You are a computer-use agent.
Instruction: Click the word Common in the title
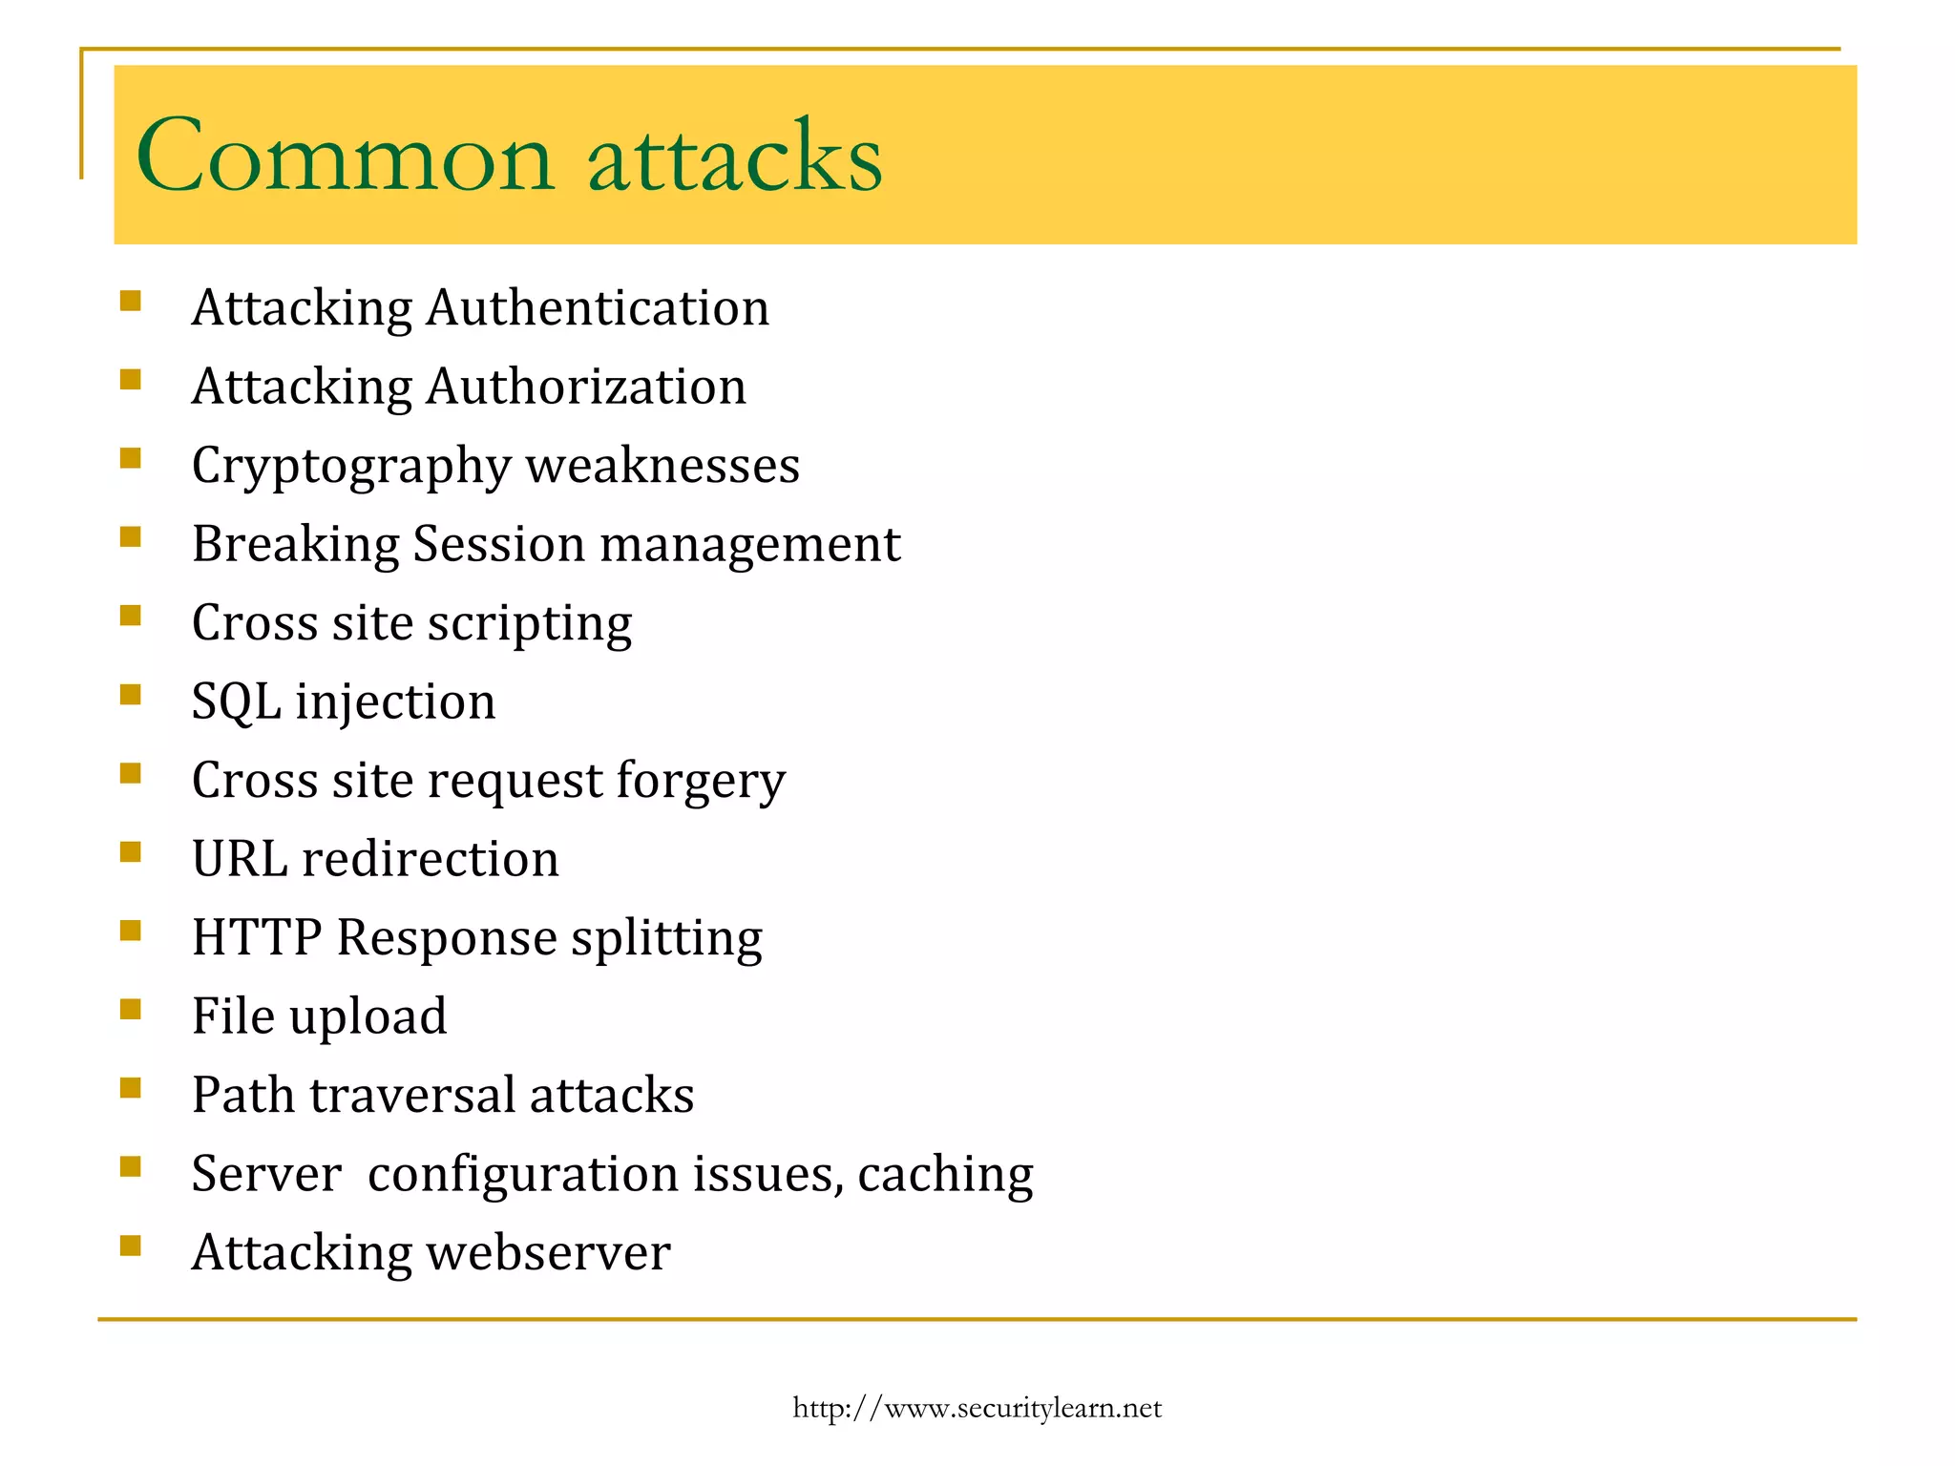[345, 156]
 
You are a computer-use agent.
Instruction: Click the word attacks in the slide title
[735, 156]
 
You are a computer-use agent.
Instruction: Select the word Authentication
[598, 308]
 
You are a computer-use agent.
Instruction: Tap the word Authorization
[586, 387]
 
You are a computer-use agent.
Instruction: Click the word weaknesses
[662, 466]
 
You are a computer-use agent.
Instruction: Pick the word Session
[498, 544]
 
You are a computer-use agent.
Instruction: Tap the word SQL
[236, 702]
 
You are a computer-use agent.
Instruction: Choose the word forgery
[701, 782]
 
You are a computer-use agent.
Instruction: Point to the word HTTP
[257, 937]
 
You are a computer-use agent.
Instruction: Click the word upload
[368, 1017]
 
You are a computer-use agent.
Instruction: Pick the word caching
[945, 1175]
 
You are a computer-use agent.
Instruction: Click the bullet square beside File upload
[131, 1009]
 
